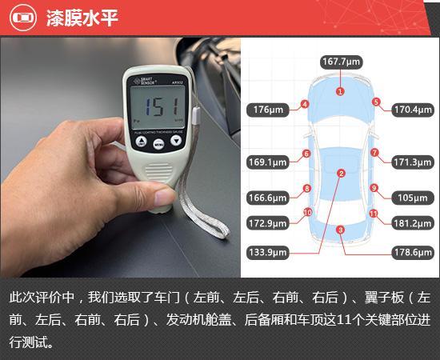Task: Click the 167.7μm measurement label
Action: click(342, 62)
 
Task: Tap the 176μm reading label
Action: click(268, 110)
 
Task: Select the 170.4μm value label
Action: click(413, 110)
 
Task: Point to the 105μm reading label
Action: click(413, 198)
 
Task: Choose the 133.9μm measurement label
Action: click(268, 252)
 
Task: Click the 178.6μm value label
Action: click(413, 252)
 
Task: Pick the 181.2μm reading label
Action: click(413, 223)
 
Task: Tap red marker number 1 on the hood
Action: click(340, 91)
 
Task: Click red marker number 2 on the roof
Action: click(342, 174)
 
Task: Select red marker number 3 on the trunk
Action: click(340, 230)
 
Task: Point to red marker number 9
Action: click(374, 188)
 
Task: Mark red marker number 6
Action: click(306, 154)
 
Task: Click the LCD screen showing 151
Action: click(158, 107)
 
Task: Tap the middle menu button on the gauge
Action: click(159, 144)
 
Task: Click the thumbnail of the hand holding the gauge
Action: click(120, 158)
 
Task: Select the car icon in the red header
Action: click(22, 18)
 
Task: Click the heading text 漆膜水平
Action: click(82, 18)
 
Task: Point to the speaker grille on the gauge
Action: click(159, 172)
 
